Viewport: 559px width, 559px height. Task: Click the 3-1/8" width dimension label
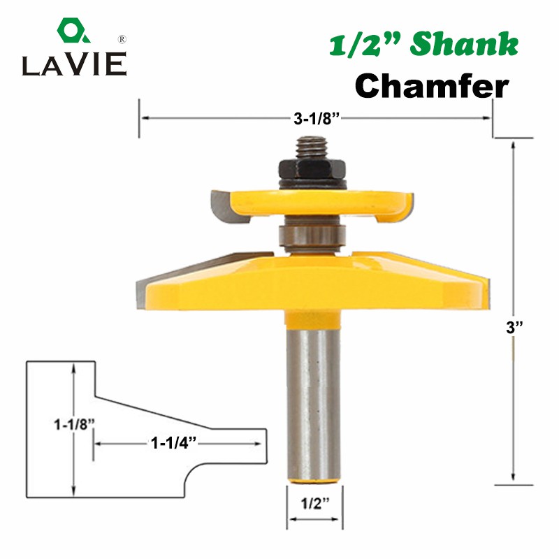point(315,119)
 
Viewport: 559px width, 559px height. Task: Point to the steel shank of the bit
point(314,405)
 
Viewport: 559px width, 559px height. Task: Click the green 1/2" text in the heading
point(359,45)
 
